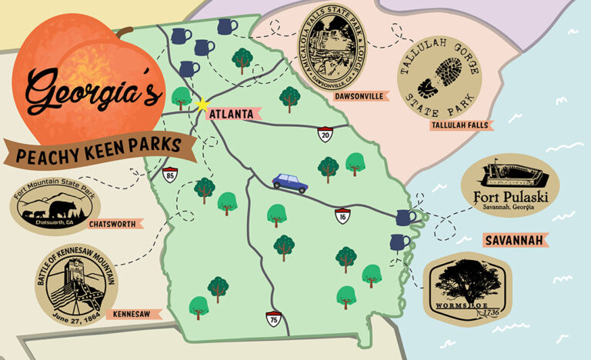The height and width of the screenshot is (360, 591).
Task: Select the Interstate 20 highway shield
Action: tap(326, 135)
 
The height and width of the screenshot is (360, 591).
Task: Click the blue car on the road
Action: tap(290, 182)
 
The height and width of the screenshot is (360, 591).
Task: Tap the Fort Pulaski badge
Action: tap(510, 185)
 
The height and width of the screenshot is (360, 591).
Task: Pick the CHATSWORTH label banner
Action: tap(115, 224)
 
